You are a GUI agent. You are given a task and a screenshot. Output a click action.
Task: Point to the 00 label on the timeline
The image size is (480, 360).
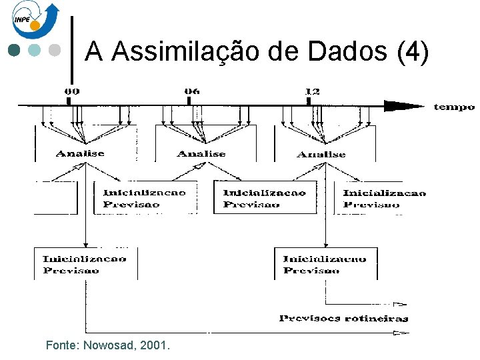coord(71,91)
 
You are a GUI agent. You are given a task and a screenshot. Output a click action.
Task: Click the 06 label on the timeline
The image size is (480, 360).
coord(191,91)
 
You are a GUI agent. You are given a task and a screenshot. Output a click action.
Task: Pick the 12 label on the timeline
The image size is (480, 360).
coord(311,91)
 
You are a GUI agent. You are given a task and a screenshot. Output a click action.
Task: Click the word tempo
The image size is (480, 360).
coord(453,107)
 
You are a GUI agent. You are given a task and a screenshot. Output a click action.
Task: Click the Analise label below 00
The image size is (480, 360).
coord(80,153)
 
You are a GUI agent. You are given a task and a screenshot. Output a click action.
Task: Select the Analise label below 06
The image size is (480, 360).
coord(201,154)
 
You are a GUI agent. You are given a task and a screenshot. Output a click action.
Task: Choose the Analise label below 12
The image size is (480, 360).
coord(321,154)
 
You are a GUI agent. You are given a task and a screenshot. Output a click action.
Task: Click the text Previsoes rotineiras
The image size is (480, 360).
coord(343,319)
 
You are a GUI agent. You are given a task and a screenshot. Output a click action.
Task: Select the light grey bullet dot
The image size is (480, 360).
coord(55,51)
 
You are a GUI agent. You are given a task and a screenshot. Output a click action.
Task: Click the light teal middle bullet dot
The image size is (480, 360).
coord(35,51)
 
